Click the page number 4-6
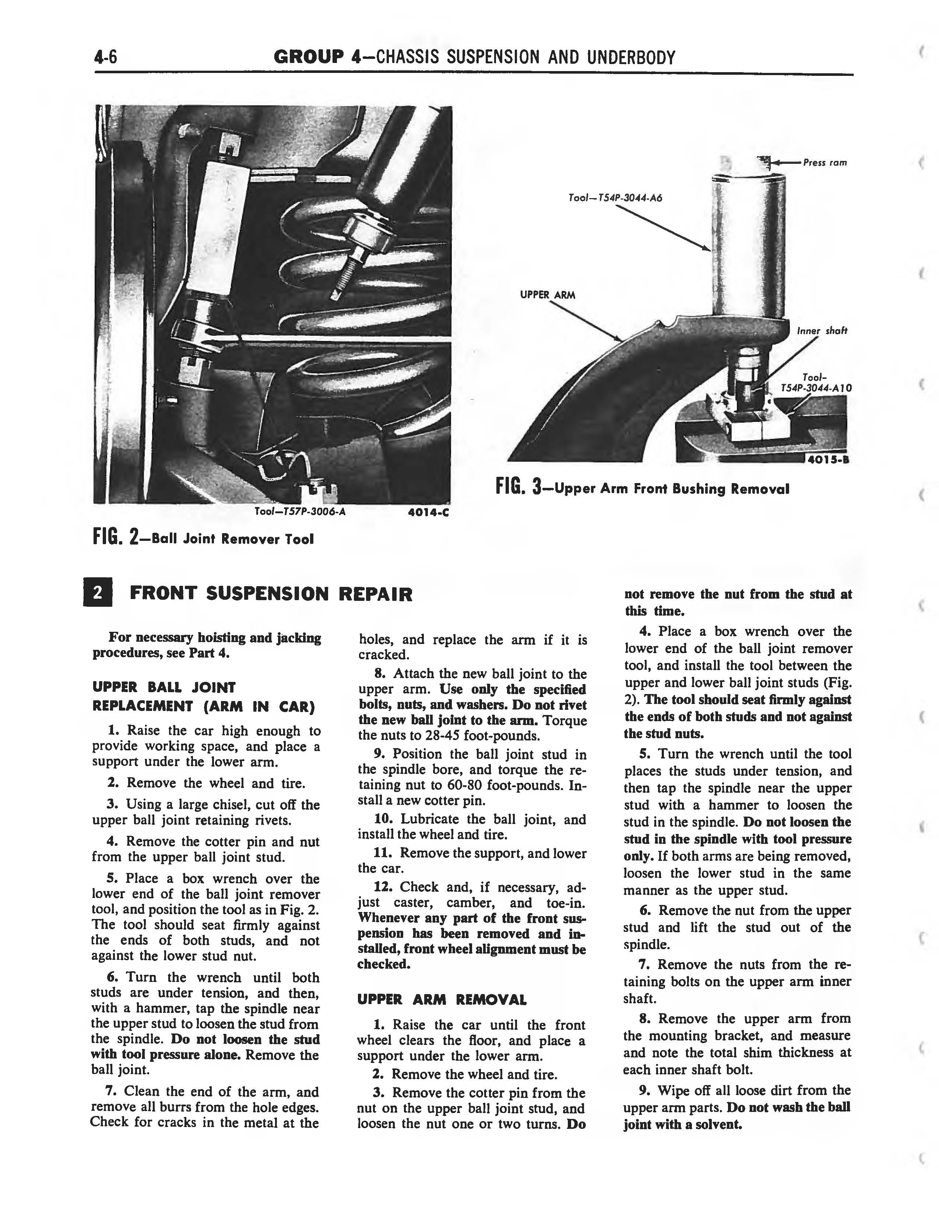point(105,57)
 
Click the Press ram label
point(824,163)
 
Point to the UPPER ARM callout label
point(547,295)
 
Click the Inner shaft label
point(822,331)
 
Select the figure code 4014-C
point(428,513)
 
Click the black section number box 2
point(97,593)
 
